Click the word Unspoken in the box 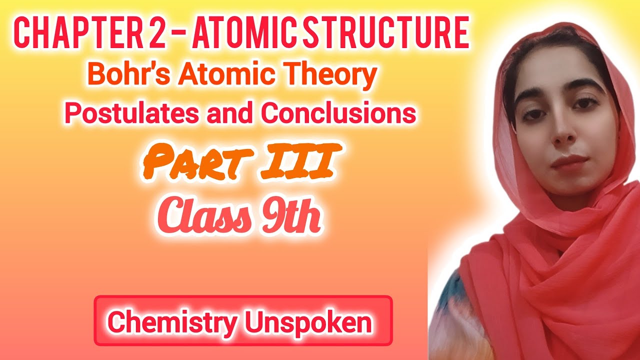point(308,322)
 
